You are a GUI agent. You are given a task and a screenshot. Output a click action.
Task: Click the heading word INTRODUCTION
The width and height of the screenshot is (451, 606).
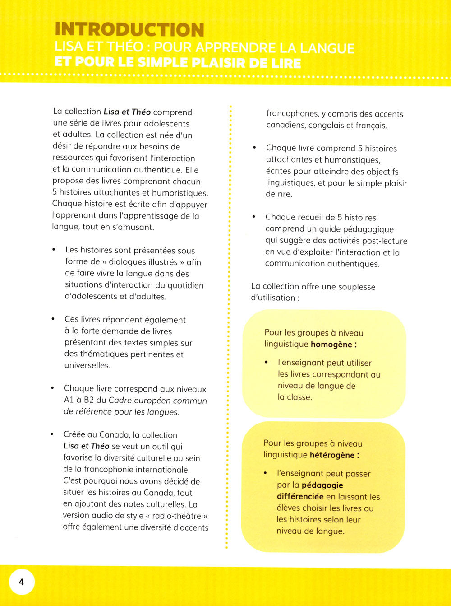[x=129, y=30]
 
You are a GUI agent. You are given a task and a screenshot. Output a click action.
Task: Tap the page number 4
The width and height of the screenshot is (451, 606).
[x=21, y=583]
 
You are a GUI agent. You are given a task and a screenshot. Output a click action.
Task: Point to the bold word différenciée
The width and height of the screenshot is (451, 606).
[x=300, y=497]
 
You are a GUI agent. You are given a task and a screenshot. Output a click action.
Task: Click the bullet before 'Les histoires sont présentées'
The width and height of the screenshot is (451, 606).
[x=54, y=250]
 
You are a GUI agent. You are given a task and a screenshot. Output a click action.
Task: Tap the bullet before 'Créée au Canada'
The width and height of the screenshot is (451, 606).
[x=52, y=434]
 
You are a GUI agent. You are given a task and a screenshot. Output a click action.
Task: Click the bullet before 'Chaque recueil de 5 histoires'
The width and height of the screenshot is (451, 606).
[x=254, y=217]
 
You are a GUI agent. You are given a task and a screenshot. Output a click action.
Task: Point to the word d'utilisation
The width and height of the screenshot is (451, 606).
[x=272, y=298]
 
